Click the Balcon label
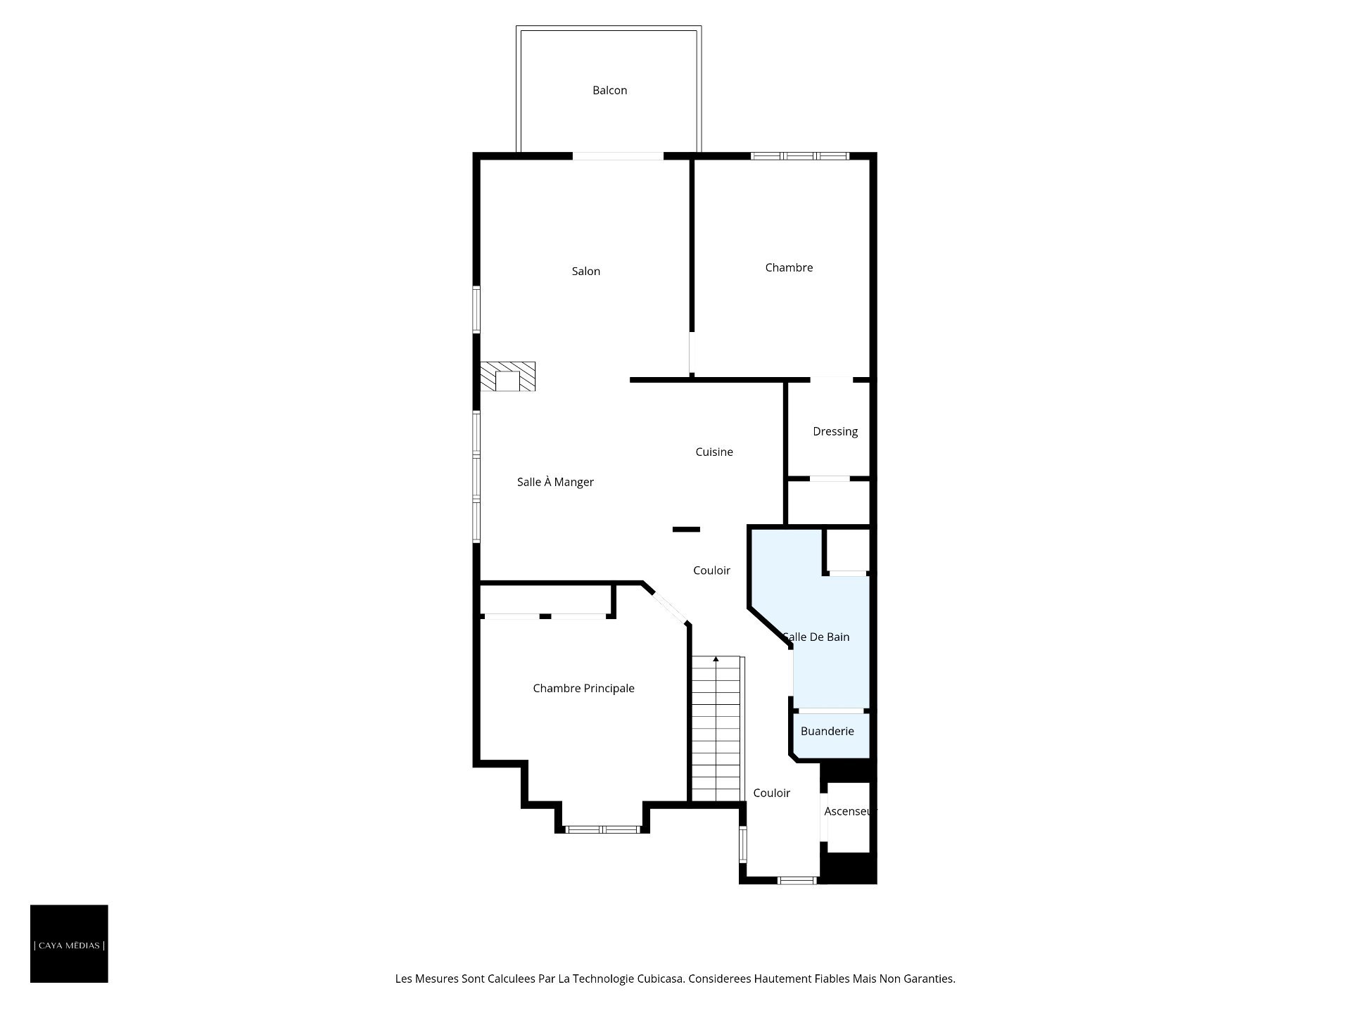(609, 90)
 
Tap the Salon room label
(586, 271)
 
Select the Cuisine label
(714, 452)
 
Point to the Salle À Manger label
(555, 482)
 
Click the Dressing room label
(835, 431)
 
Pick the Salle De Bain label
(816, 637)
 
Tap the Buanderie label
(827, 731)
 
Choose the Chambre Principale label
(583, 688)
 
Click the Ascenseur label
(851, 811)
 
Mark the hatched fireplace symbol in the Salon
(507, 376)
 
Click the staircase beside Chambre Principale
(717, 729)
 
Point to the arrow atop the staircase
(716, 659)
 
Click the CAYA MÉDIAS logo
(69, 944)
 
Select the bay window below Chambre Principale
(603, 829)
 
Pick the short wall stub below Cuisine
(686, 529)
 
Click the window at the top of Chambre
(800, 156)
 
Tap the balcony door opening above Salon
(618, 156)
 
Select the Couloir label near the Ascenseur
(771, 793)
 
